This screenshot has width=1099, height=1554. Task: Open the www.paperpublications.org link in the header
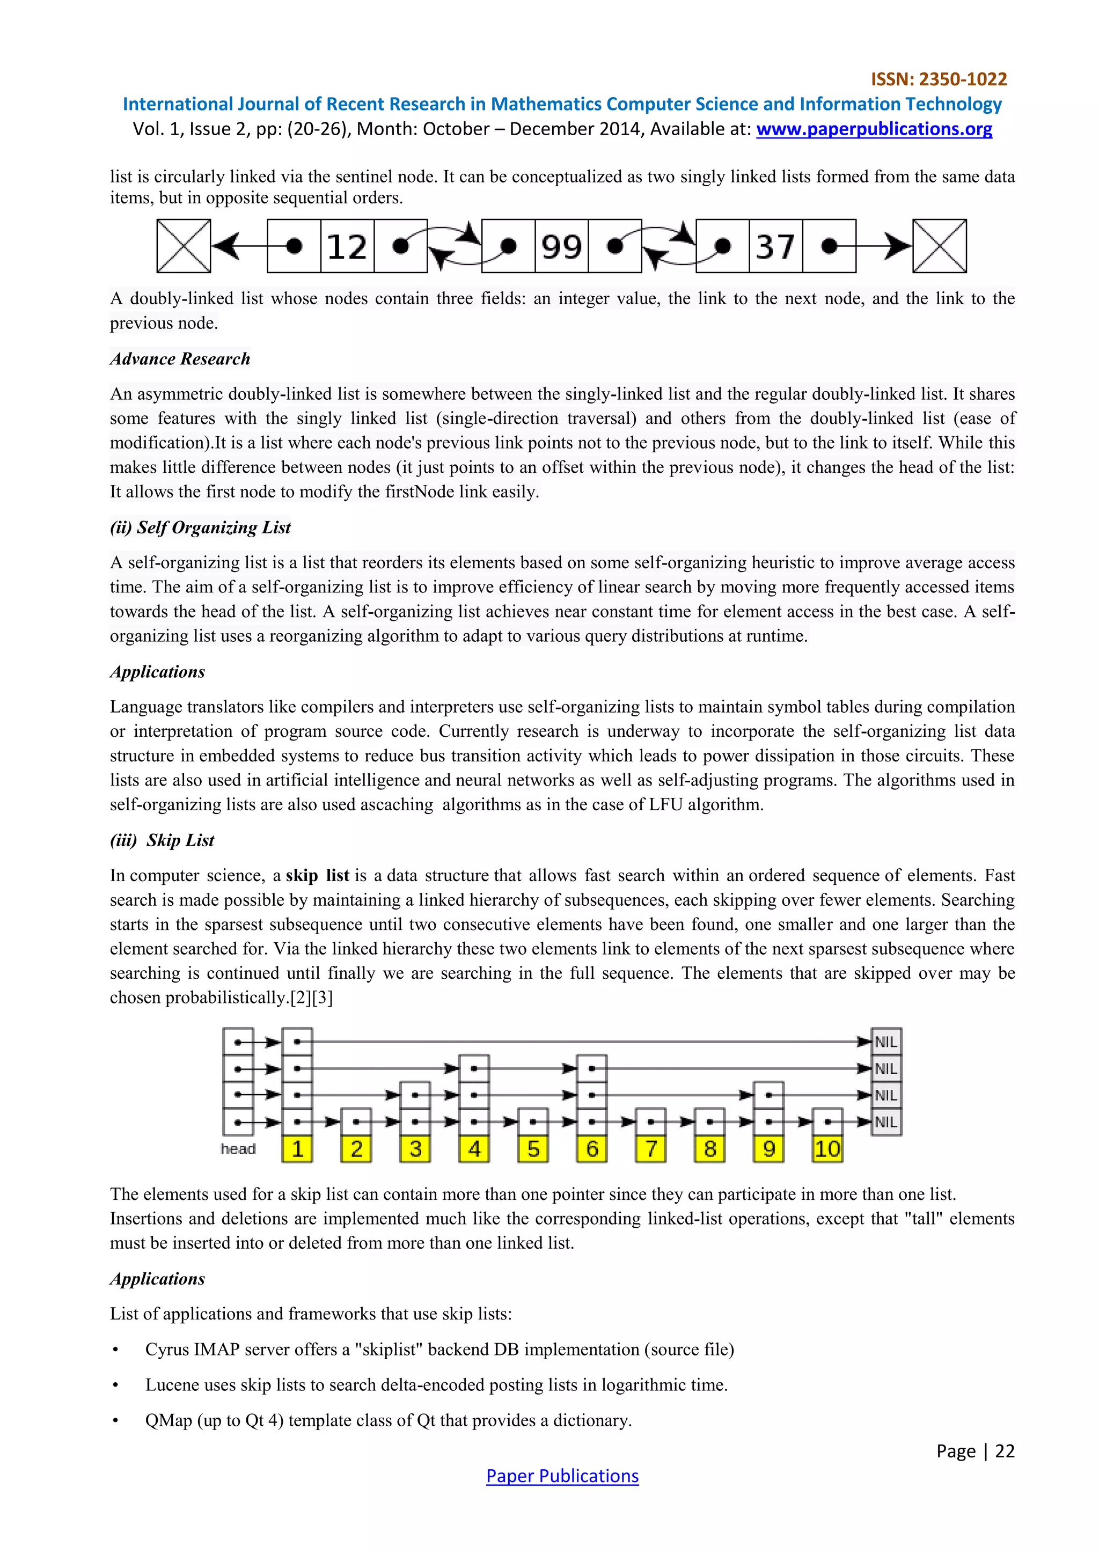click(874, 129)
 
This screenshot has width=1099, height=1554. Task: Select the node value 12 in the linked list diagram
click(347, 246)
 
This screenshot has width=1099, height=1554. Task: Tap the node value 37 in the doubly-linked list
click(775, 246)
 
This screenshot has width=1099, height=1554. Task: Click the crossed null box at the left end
click(184, 246)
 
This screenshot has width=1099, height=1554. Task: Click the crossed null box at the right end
click(939, 246)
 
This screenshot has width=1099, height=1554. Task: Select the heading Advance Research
click(180, 359)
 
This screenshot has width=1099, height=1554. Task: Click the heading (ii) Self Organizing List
click(200, 527)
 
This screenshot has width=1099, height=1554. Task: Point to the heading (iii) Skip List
click(163, 840)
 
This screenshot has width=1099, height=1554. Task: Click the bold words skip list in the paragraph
click(317, 875)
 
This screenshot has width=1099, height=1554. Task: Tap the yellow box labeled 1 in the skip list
click(297, 1148)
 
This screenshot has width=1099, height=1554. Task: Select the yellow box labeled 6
click(591, 1148)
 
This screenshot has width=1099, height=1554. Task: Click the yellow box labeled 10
click(827, 1148)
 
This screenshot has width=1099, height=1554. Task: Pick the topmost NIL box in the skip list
click(886, 1042)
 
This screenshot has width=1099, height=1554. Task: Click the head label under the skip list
click(238, 1148)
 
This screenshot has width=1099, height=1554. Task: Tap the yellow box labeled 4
click(474, 1148)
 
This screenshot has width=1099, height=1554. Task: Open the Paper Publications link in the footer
click(562, 1476)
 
